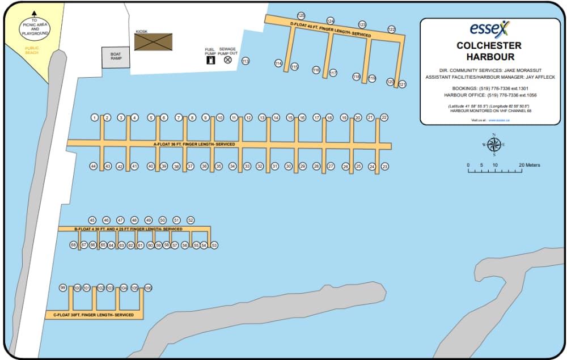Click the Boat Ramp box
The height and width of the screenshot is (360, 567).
116,56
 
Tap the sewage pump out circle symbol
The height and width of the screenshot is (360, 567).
228,60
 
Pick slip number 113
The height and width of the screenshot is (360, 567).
246,61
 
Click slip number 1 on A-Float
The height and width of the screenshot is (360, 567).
95,118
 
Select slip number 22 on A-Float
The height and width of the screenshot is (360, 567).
384,117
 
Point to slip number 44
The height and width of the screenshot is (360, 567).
94,166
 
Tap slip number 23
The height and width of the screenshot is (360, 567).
385,167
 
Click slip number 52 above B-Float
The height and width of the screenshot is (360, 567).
191,220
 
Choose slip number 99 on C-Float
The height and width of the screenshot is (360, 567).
63,288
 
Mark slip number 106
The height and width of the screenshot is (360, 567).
148,288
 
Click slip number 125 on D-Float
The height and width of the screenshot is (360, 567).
301,16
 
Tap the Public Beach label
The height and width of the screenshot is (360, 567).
32,50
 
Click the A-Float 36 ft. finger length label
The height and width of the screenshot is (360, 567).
194,145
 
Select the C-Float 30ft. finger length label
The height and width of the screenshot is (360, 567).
94,315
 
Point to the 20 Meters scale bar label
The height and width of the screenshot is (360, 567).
530,165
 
